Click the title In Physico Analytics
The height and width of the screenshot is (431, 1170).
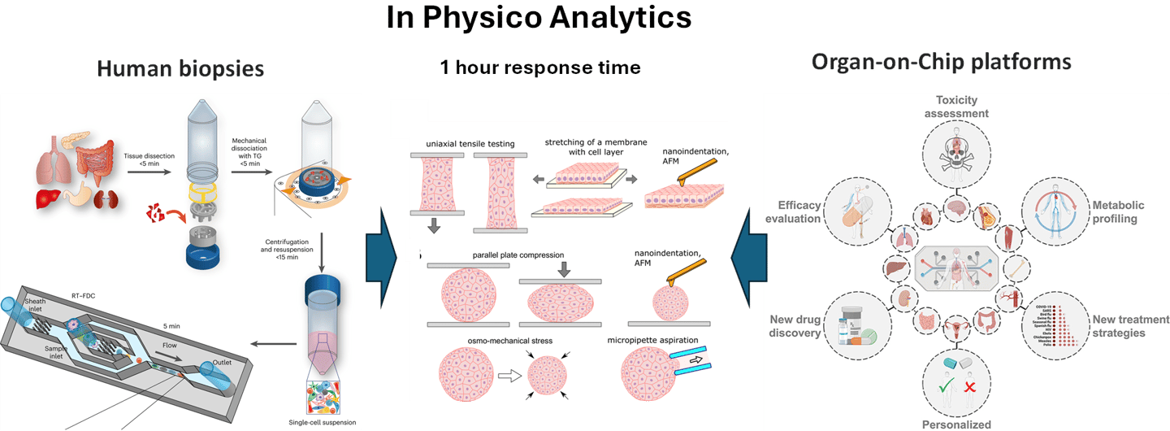tap(539, 19)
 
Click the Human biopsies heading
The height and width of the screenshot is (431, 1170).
tap(180, 69)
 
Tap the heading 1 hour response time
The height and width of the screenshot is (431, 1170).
tap(540, 67)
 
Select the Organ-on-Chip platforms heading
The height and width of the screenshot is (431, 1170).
tap(942, 63)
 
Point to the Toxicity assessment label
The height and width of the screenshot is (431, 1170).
tap(962, 107)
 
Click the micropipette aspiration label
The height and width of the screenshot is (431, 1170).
tap(658, 340)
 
